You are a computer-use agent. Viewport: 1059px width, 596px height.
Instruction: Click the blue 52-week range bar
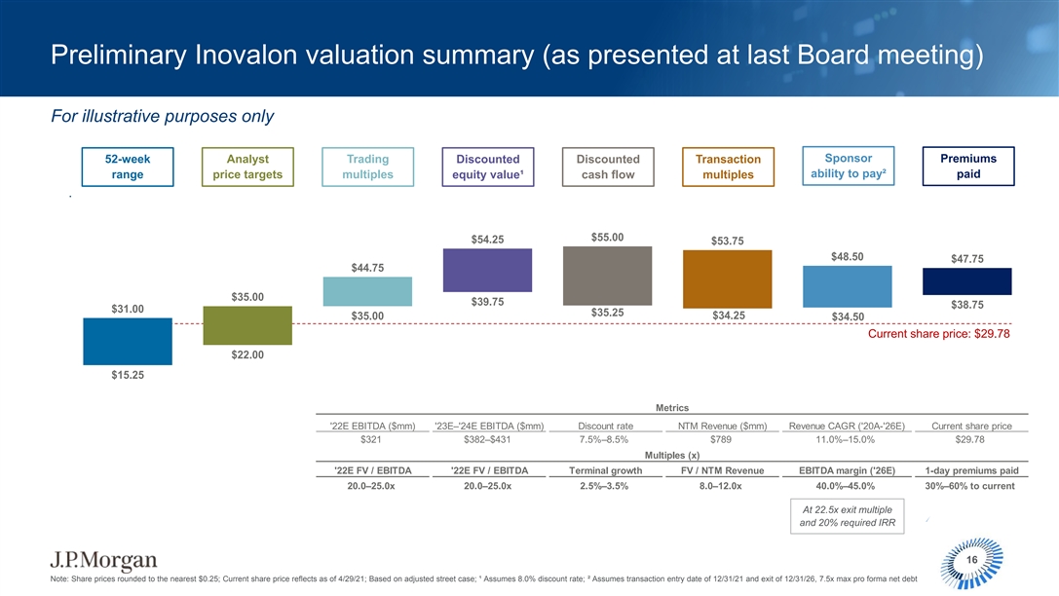[x=128, y=341]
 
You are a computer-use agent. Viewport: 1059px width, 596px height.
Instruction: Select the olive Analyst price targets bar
[x=247, y=325]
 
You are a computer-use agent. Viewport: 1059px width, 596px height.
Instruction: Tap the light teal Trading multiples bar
[x=367, y=291]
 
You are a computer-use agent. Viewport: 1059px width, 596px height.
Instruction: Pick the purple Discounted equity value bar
[x=487, y=270]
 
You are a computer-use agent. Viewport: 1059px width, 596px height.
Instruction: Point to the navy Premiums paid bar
[x=967, y=280]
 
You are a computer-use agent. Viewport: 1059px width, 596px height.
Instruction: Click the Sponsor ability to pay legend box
[x=848, y=167]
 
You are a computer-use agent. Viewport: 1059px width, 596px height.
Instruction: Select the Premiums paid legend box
[x=967, y=167]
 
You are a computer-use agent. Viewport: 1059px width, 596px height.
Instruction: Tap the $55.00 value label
[x=607, y=237]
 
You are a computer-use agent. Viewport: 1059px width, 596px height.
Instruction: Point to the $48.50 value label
[x=848, y=257]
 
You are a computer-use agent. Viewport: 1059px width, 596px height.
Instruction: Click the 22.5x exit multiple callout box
[x=847, y=516]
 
